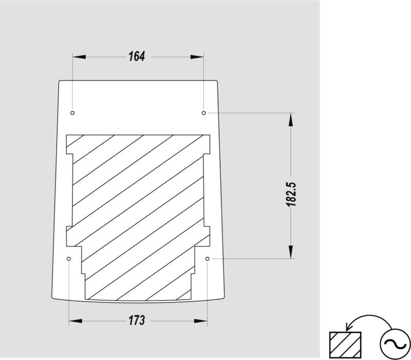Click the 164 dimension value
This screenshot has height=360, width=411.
pos(137,56)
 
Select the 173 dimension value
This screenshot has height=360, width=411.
pos(137,320)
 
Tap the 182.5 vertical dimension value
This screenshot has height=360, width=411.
pos(291,194)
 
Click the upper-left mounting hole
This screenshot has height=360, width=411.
pos(72,113)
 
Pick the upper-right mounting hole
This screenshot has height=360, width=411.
pos(203,113)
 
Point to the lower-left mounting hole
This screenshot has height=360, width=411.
pos(69,259)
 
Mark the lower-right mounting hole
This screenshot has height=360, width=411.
pos(208,259)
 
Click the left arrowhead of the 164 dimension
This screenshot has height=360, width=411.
pos(79,57)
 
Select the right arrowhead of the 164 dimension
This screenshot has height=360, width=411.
pos(197,57)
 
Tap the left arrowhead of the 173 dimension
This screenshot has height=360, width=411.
pos(76,321)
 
